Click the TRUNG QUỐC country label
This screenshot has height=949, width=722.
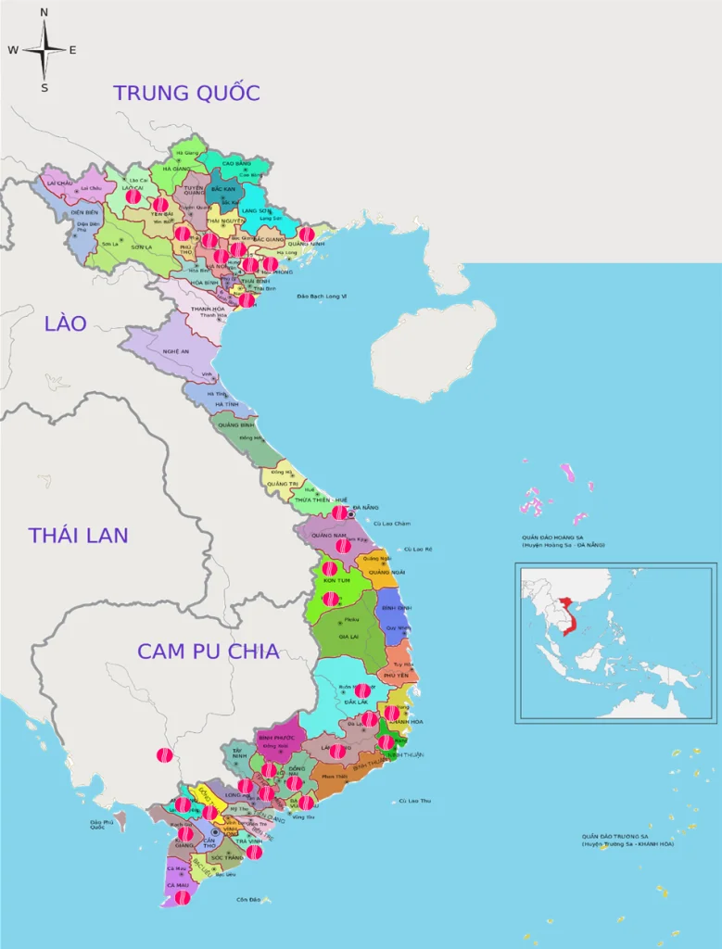pos(186,93)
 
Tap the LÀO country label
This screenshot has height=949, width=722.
pos(65,323)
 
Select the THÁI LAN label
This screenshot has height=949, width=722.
pos(78,535)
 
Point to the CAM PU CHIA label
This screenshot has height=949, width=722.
pos(208,651)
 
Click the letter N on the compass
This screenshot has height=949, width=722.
pos(44,12)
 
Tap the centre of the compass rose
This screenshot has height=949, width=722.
pos(44,50)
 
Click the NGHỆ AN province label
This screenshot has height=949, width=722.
pos(176,351)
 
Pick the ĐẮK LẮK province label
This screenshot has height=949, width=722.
pos(357,702)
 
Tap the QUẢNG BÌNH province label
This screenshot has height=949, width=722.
pos(231,425)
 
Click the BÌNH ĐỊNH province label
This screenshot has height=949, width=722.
pos(396,608)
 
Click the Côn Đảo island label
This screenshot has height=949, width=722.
pos(248,899)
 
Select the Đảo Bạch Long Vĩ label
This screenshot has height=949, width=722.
pos(321,296)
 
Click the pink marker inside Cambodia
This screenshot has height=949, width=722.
pos(164,756)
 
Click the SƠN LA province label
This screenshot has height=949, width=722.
pos(142,247)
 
